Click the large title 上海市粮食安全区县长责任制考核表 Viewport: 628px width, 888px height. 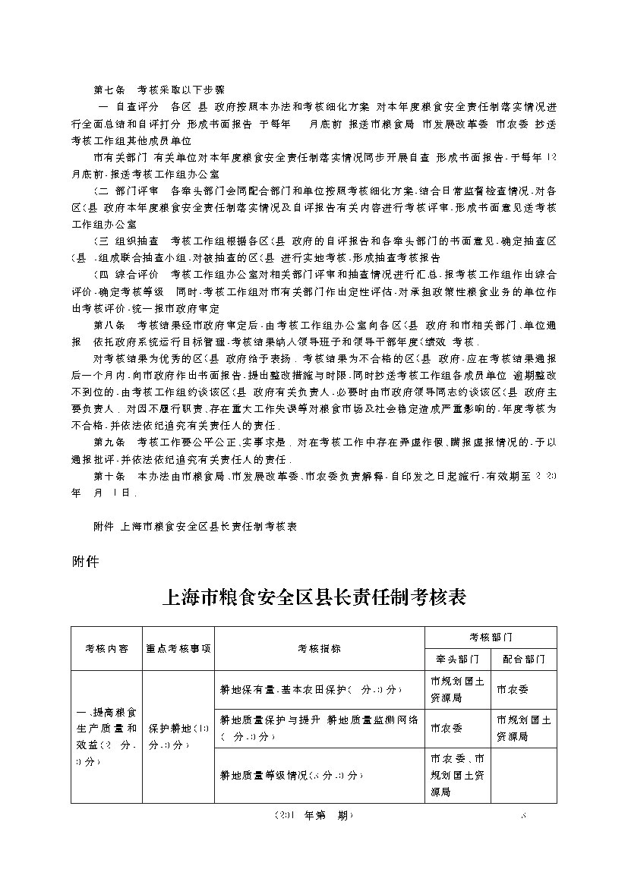pos(314,598)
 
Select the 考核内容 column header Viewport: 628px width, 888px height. pos(106,649)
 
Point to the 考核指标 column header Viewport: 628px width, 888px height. pos(319,649)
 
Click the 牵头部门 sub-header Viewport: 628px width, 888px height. pos(458,660)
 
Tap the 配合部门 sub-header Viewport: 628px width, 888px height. pos(523,660)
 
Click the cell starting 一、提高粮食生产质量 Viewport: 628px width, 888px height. pos(106,737)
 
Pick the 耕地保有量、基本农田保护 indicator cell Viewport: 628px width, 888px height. pos(319,689)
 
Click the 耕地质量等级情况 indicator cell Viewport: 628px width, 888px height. pos(319,775)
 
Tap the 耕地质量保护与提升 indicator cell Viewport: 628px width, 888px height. pos(319,728)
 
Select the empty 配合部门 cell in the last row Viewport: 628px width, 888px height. pos(523,775)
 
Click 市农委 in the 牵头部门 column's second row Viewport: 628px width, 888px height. pos(444,728)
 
